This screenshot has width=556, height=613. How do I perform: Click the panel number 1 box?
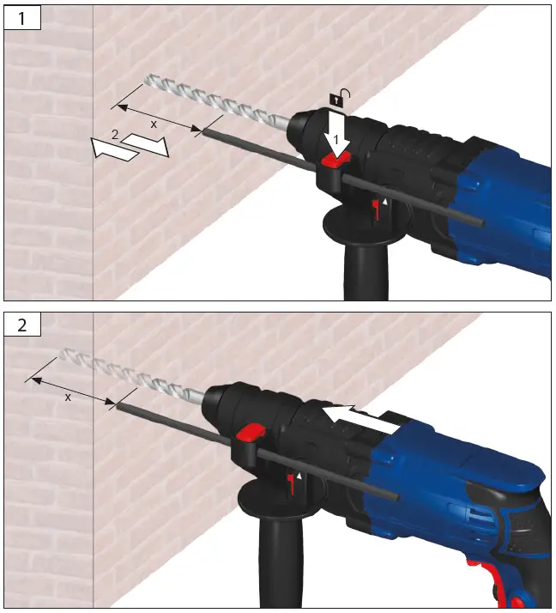pos(23,18)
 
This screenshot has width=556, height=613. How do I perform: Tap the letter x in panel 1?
pos(154,124)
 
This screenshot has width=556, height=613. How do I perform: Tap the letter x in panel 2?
pos(68,397)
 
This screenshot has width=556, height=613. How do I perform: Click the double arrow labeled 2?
pos(130,145)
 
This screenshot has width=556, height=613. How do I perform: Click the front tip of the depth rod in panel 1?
pos(204,132)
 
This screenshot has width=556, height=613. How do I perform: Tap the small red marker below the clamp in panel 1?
pos(375,208)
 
